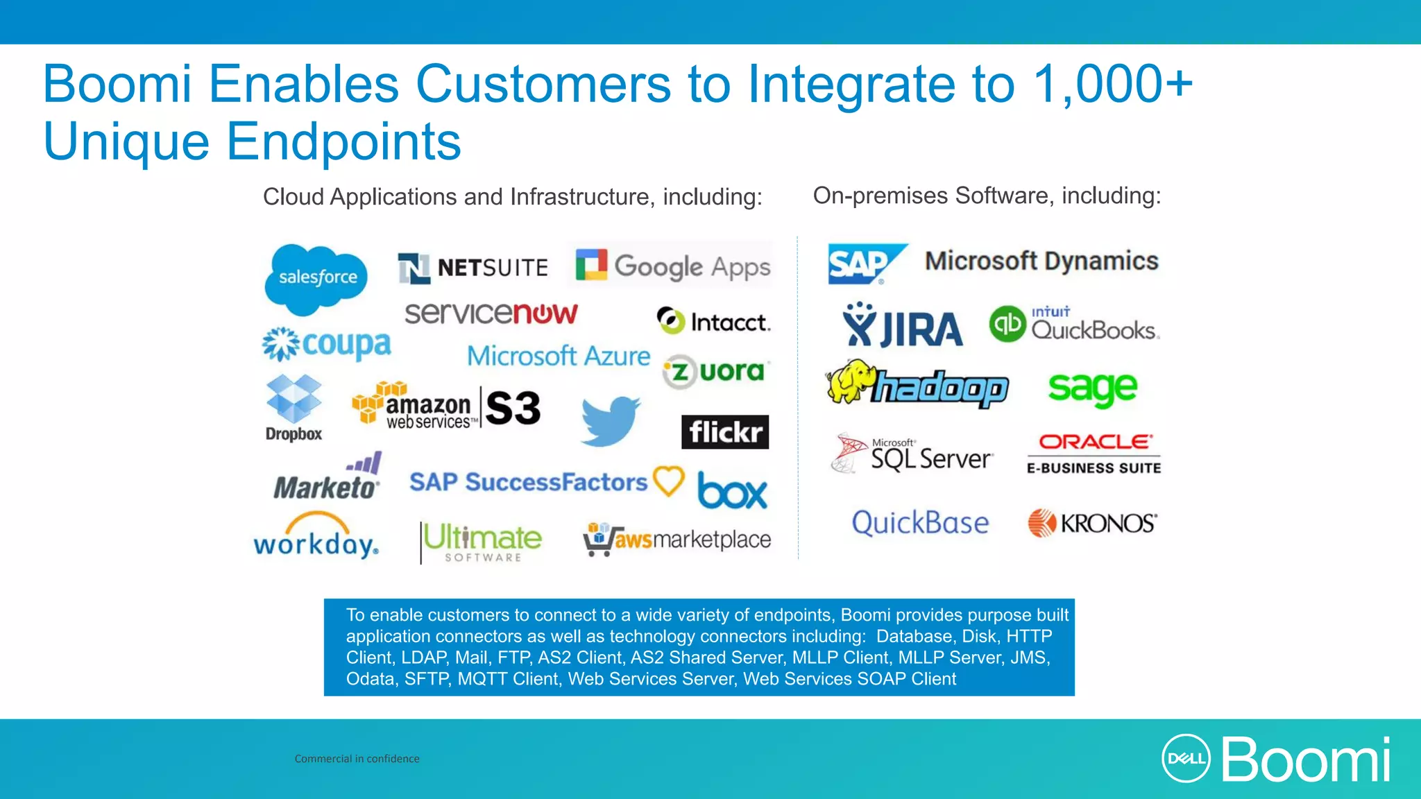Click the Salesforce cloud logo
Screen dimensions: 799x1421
[316, 277]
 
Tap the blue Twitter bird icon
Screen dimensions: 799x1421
[610, 421]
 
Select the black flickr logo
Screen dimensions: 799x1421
[725, 432]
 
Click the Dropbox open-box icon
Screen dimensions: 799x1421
[294, 399]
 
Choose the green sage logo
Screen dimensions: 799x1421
[1092, 388]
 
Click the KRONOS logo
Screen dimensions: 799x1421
[1092, 524]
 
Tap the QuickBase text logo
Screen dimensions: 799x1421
[920, 523]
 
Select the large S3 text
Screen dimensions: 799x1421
[513, 408]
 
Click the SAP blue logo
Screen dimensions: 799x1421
[864, 264]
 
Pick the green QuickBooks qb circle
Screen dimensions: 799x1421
[1007, 324]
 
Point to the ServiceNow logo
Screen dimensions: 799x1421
[491, 313]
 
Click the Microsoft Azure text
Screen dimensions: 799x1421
[559, 356]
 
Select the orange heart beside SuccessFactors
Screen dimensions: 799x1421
[669, 480]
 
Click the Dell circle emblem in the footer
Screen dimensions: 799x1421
[1186, 759]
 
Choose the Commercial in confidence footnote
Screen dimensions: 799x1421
[357, 759]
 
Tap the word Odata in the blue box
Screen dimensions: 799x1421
[371, 679]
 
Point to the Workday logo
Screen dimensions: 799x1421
[316, 537]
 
